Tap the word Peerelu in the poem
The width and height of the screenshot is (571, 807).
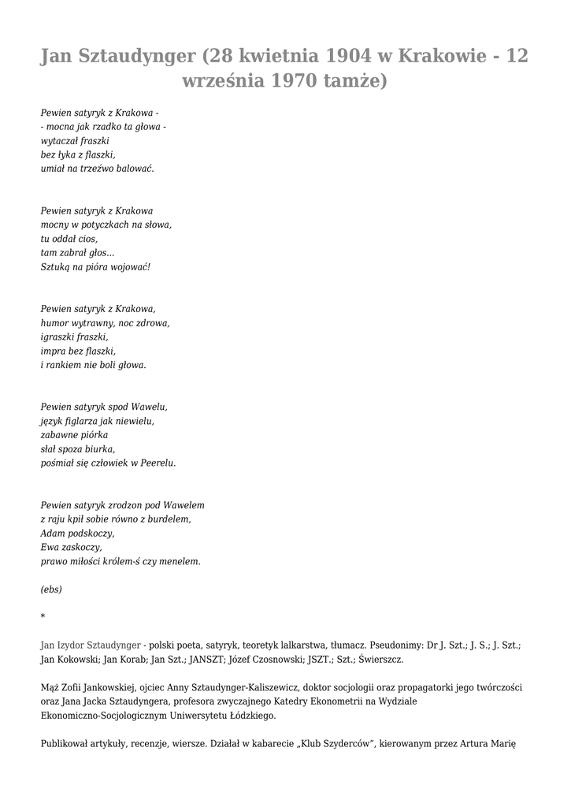click(x=158, y=463)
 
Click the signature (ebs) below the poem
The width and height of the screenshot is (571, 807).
click(x=51, y=589)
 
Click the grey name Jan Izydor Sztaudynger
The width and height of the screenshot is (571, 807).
click(x=91, y=644)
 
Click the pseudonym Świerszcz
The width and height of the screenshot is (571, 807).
click(x=385, y=658)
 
